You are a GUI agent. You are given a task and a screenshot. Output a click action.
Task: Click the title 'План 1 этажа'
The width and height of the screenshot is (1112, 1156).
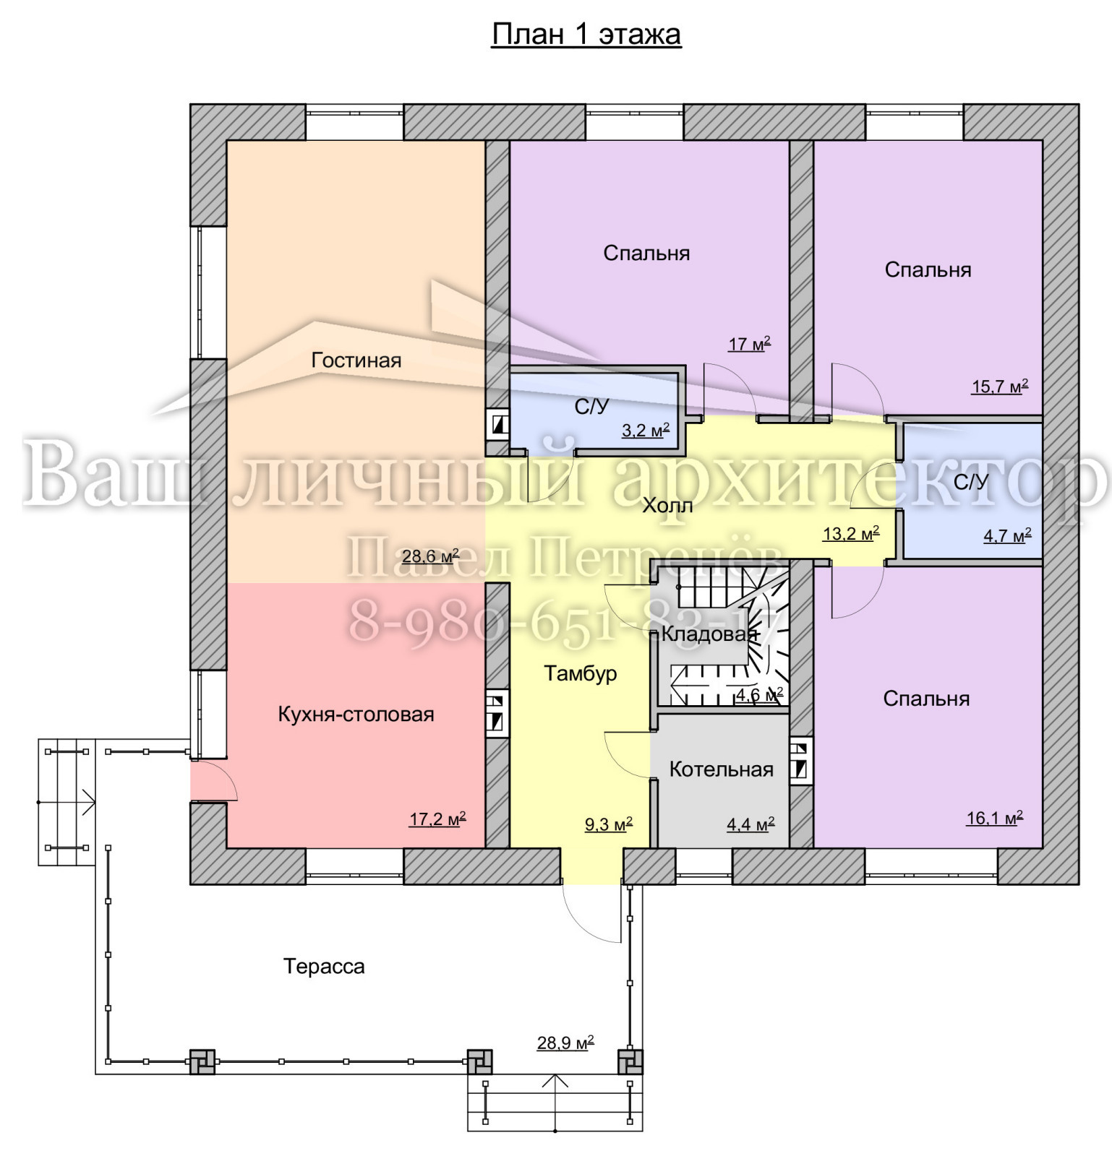pos(586,34)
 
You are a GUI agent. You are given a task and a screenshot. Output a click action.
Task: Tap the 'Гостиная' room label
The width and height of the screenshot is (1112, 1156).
pos(356,360)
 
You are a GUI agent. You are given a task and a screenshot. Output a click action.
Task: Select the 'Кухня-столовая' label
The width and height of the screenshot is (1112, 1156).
pos(356,715)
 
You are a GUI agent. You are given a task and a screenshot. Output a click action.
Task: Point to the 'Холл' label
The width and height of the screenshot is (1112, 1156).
pos(667,505)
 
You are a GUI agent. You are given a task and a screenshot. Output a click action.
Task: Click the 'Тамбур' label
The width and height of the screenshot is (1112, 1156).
pos(581,673)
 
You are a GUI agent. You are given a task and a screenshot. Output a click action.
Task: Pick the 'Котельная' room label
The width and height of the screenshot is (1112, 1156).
pos(722,769)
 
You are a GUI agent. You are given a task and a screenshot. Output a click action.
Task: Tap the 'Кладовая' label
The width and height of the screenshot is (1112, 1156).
pos(710,634)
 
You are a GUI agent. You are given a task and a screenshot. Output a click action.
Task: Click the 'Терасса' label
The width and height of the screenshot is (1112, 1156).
pos(324,967)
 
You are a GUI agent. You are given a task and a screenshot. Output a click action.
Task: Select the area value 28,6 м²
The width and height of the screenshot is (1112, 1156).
pos(431,556)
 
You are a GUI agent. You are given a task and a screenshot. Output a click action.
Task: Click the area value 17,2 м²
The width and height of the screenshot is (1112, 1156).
pos(437,819)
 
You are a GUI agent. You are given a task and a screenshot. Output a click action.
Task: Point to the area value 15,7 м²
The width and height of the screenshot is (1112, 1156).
pos(1000,387)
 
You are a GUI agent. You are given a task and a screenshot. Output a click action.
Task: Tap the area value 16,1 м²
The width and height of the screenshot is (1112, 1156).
pos(995,818)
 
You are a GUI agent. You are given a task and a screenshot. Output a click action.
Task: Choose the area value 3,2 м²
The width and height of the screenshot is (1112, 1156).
pos(646,431)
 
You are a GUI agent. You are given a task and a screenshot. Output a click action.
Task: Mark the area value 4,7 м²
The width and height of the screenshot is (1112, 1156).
pos(1007,536)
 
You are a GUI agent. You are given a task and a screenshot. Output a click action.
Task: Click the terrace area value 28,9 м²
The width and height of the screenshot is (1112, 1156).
pos(565,1043)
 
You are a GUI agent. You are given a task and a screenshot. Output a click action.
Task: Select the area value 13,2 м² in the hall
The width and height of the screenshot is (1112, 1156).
pos(851,534)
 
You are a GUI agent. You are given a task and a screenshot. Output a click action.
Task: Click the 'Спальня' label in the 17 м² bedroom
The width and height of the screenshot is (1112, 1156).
pos(646,254)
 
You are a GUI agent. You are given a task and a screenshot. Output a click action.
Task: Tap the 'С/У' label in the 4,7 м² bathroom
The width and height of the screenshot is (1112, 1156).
pos(970,482)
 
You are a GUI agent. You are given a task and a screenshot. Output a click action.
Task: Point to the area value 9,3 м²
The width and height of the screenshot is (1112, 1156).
pos(609,824)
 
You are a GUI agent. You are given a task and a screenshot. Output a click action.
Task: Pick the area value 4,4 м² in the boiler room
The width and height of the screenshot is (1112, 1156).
pos(750,824)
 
